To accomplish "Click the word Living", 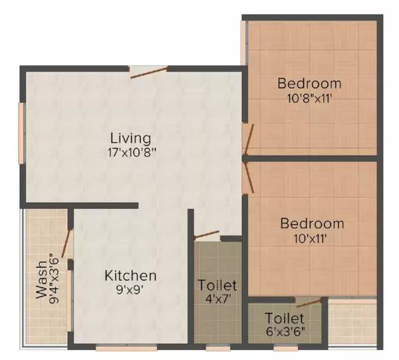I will (130, 138).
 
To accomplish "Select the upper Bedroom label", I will (309, 84).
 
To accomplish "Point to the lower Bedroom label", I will (312, 224).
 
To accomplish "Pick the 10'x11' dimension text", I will (312, 236).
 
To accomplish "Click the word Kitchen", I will (130, 275).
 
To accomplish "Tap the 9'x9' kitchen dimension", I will (130, 289).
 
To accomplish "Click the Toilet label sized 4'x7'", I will (217, 286).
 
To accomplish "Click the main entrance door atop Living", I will (150, 72).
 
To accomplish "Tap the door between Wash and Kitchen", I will (66, 243).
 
